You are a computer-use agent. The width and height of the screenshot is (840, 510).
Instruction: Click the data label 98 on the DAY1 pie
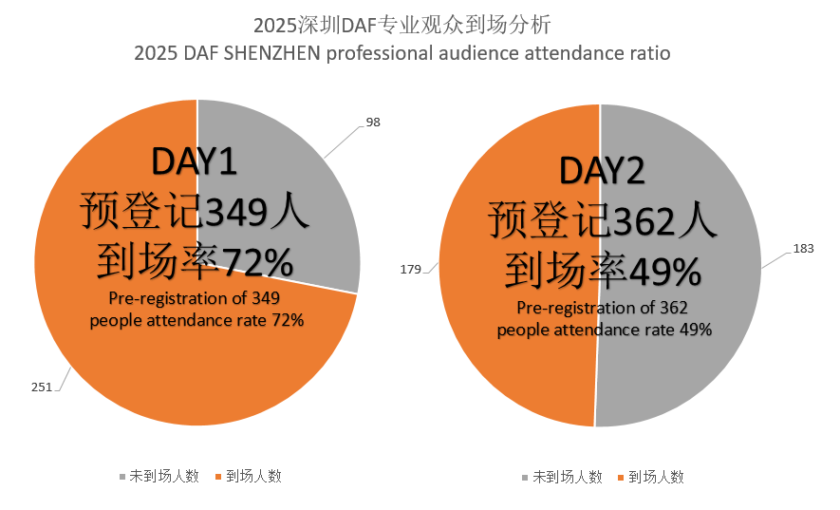[x=373, y=123]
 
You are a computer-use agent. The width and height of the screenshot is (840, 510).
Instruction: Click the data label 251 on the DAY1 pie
[x=41, y=387]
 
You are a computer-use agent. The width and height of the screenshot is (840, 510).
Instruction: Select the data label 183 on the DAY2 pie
[x=804, y=250]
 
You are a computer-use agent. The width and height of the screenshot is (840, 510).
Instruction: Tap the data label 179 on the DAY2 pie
[x=410, y=270]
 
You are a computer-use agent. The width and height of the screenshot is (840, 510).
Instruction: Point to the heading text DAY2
[x=602, y=170]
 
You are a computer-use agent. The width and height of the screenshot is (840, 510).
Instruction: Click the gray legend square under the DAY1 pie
[x=121, y=476]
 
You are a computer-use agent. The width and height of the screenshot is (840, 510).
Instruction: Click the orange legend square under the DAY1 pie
[x=219, y=476]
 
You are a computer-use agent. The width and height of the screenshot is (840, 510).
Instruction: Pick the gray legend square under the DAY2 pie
[x=525, y=477]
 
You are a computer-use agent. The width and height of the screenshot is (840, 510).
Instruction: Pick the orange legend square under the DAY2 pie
[x=622, y=477]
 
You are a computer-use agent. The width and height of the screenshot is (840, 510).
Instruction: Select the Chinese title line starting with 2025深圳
[x=402, y=23]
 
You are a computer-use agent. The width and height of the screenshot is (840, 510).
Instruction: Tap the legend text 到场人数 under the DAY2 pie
[x=656, y=477]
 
